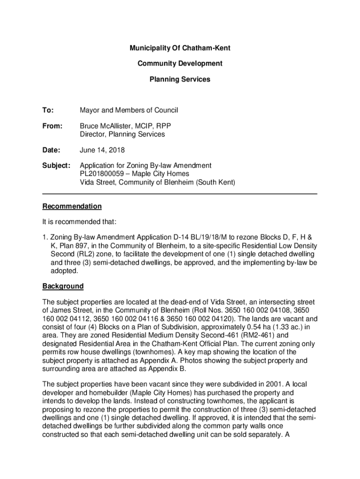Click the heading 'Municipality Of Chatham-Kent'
point(180,48)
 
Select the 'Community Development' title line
point(180,64)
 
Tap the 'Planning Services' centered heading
point(180,80)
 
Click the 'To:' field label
point(48,110)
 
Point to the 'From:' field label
point(51,126)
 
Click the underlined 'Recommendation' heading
point(72,206)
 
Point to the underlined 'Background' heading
point(63,286)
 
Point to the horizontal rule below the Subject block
point(180,194)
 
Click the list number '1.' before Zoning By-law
point(45,238)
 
